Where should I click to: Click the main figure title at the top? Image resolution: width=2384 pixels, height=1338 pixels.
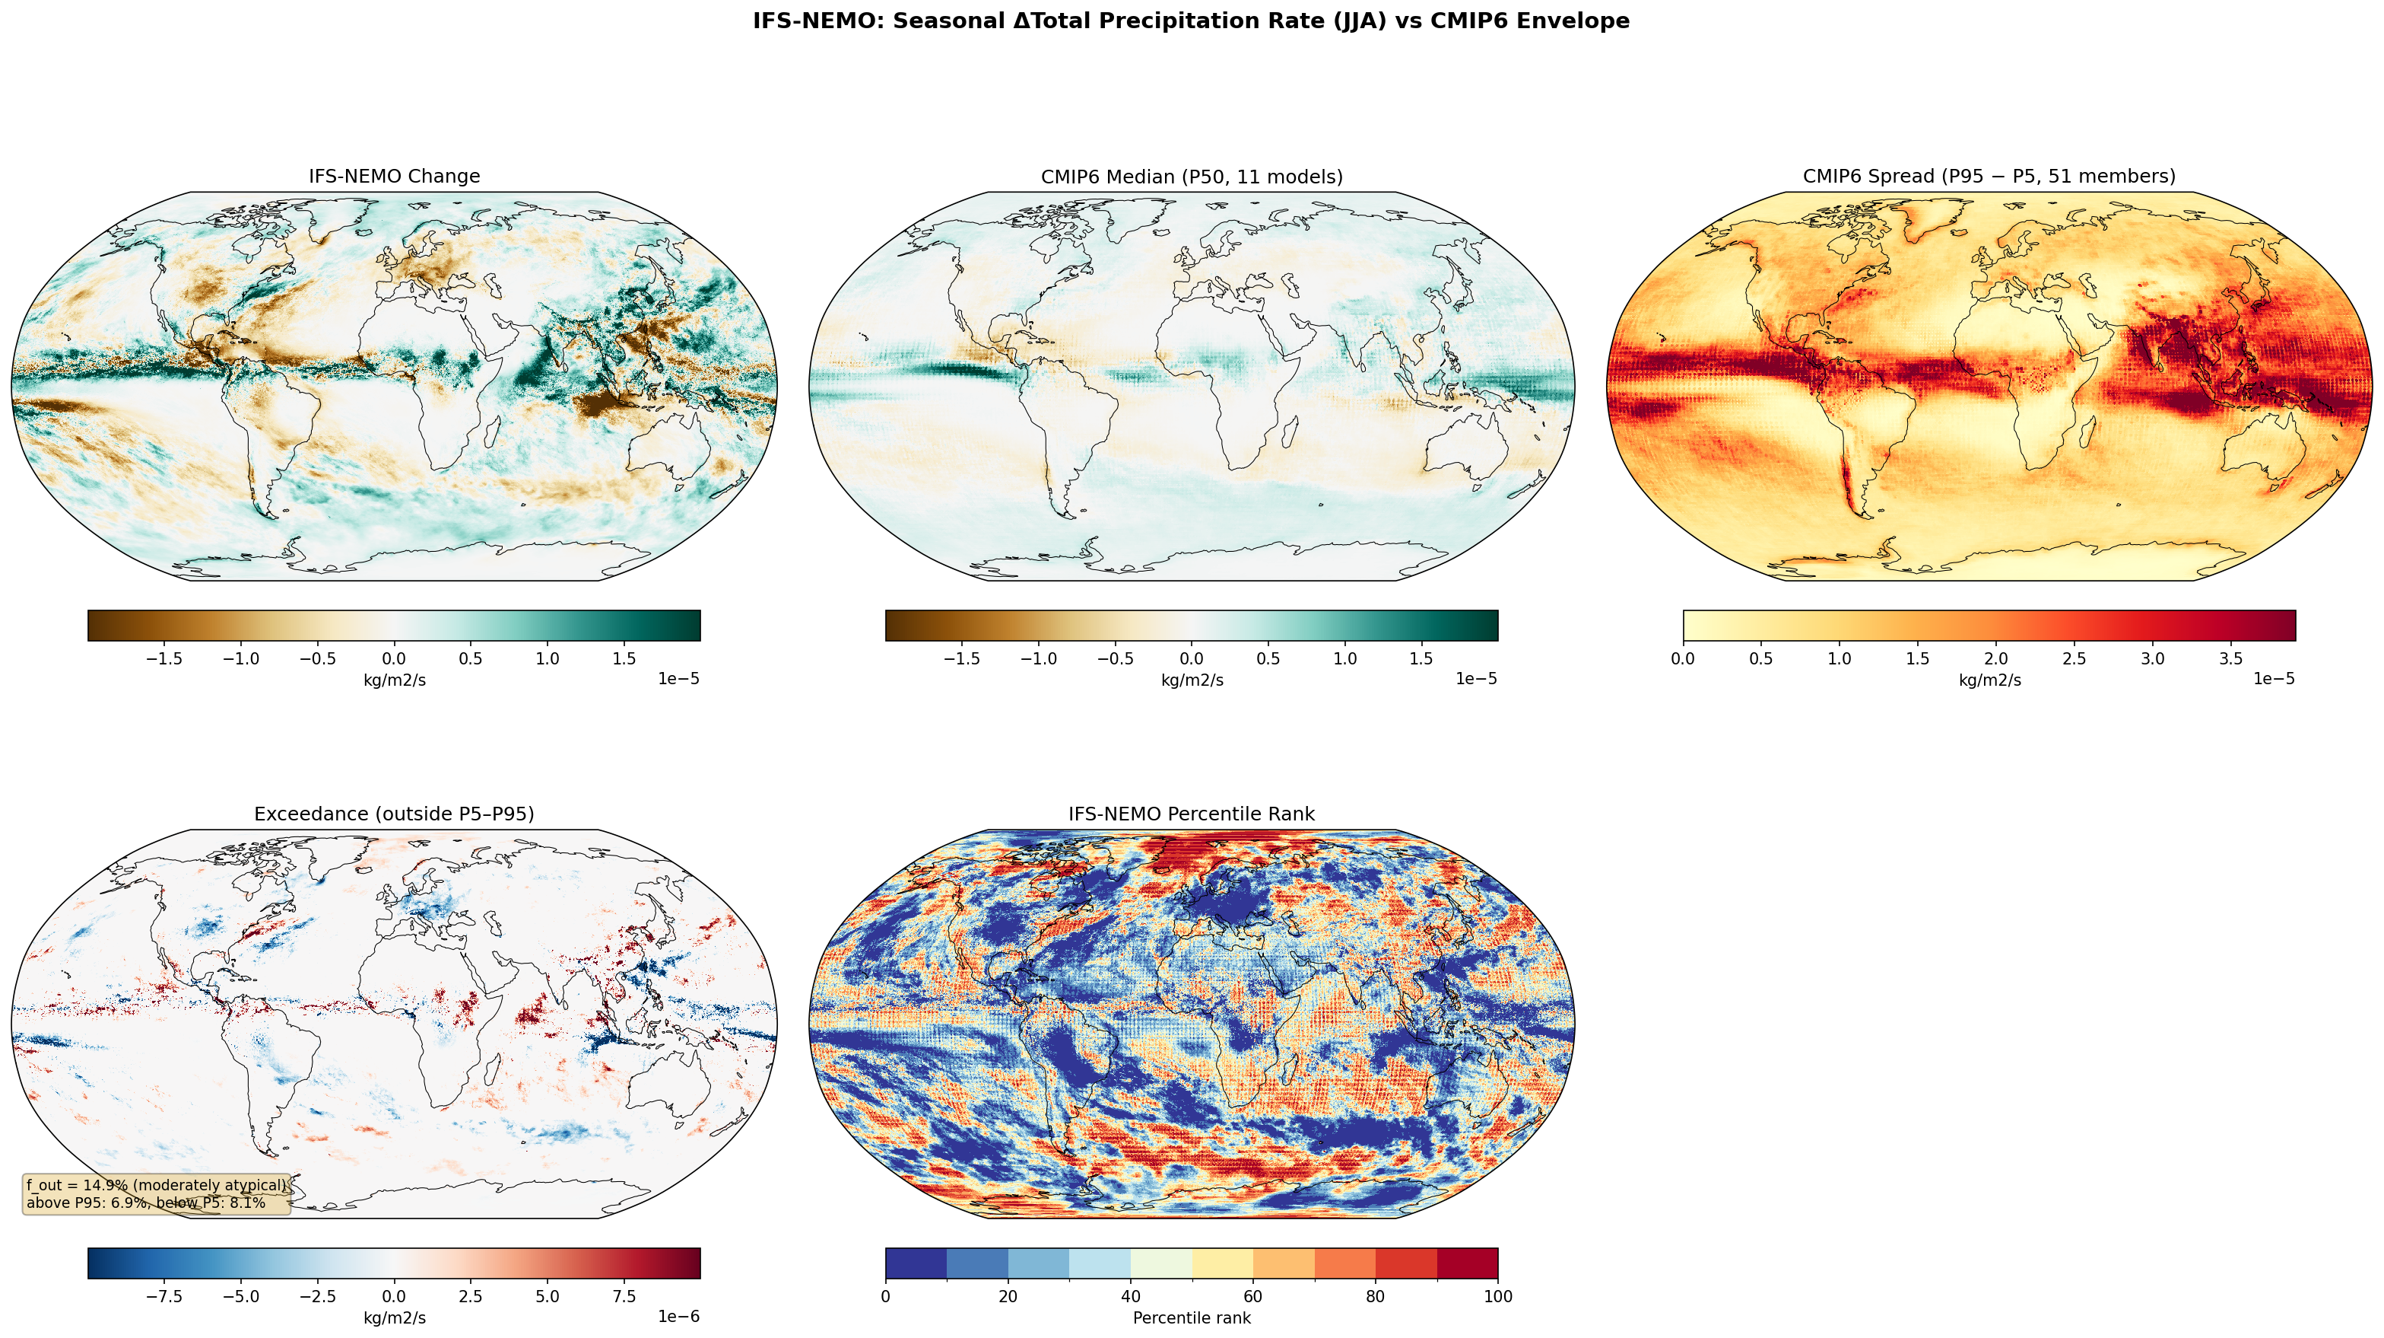[1191, 21]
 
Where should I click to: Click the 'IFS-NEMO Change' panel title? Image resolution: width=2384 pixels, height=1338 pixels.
[394, 176]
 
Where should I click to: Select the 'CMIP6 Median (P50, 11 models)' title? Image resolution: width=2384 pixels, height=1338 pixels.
[1192, 176]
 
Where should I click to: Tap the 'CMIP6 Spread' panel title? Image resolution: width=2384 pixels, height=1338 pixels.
[1989, 176]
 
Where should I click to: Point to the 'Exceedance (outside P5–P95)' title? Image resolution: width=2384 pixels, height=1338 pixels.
[394, 814]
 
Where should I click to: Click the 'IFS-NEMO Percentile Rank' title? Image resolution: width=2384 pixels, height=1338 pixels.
[1192, 814]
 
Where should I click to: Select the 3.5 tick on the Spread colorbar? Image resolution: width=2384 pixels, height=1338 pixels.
[2231, 659]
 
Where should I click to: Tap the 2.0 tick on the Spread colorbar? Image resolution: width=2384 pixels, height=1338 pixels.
[1996, 659]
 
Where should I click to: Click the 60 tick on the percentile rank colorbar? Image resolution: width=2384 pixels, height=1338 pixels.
[1253, 1296]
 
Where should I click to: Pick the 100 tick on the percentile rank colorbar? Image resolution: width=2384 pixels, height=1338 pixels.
[1497, 1296]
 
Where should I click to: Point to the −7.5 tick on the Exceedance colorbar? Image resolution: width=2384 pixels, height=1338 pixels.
[163, 1296]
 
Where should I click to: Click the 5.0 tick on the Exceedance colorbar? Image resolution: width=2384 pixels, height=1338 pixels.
[547, 1296]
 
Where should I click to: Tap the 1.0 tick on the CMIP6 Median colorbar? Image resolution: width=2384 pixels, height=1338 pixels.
[1344, 659]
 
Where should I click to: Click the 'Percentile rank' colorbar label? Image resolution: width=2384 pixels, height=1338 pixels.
[1192, 1317]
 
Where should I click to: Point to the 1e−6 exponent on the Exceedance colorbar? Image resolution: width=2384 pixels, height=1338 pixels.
[678, 1317]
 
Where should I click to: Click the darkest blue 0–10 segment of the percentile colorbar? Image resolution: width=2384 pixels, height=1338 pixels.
[916, 1263]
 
